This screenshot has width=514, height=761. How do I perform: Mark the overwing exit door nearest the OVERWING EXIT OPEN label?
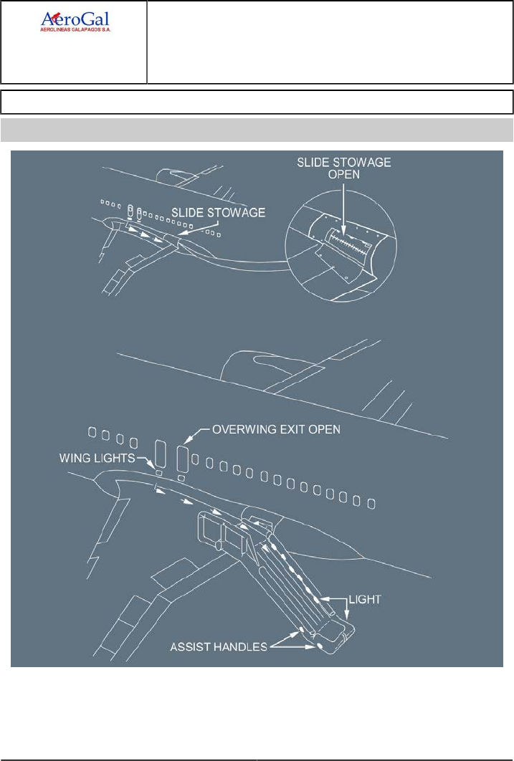pos(181,456)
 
